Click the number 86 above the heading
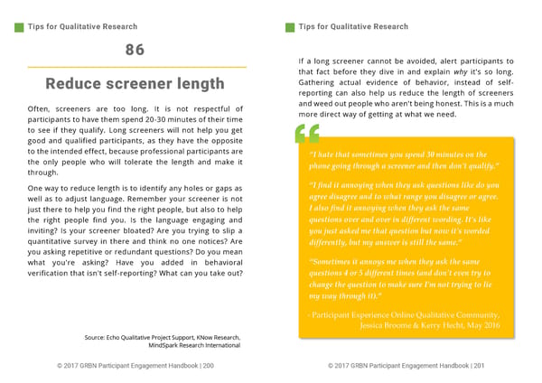click(x=135, y=50)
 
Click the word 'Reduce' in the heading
click(x=76, y=84)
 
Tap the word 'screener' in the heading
click(x=147, y=84)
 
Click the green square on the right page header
click(x=291, y=26)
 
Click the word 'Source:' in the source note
click(x=96, y=337)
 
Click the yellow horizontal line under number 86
click(x=135, y=67)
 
